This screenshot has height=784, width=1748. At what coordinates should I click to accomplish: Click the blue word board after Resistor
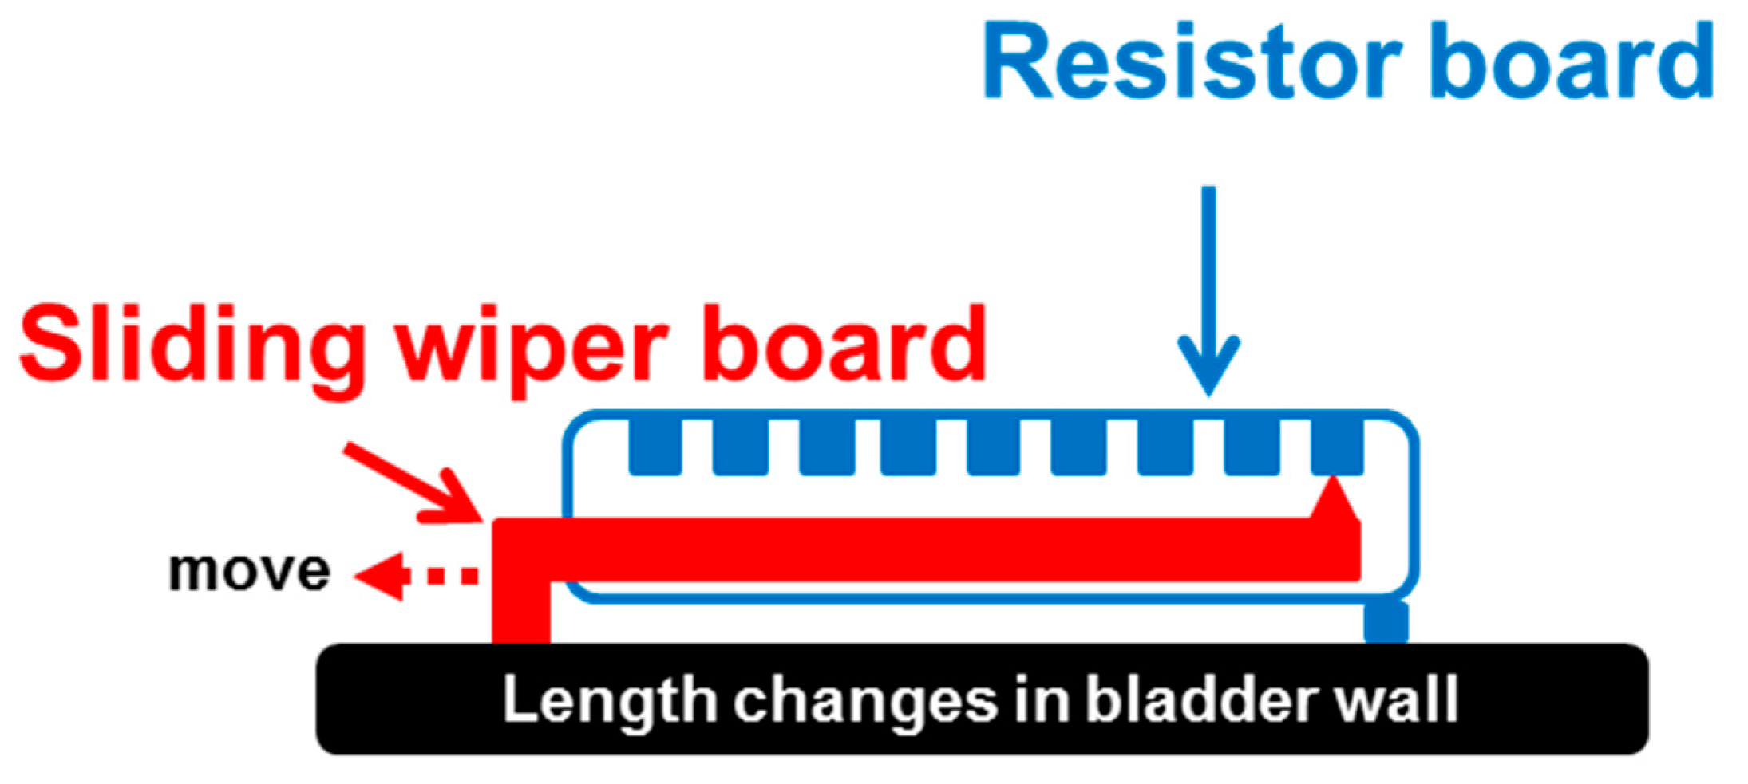click(1570, 61)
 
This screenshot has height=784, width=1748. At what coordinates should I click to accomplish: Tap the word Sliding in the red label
click(192, 345)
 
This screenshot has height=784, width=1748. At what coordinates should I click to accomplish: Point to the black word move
click(249, 571)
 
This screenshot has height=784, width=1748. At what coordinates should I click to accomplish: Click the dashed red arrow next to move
click(415, 575)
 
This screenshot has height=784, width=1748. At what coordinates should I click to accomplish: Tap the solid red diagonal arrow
click(415, 483)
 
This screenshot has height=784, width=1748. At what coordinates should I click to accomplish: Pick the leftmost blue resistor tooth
click(655, 446)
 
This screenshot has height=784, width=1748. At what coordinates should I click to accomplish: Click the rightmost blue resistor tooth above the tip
click(1336, 446)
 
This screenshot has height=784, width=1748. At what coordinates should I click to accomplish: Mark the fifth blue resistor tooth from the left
click(993, 446)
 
